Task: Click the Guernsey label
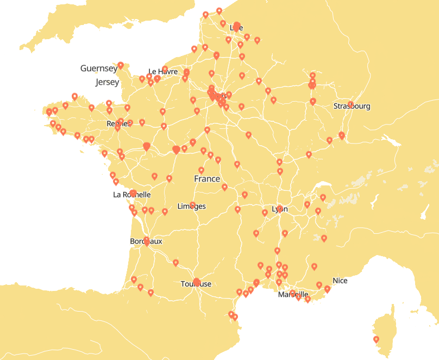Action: coord(98,69)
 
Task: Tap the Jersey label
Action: coord(106,83)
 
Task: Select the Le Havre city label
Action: coord(162,72)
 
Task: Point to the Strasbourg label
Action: coord(352,107)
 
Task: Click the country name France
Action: coord(207,179)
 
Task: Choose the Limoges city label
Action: coord(191,207)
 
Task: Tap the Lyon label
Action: coord(280,209)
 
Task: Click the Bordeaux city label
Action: coord(146,241)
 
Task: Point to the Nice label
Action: coord(340,281)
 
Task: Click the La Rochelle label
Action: coord(131,195)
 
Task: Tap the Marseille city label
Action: coord(293,295)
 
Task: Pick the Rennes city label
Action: coord(118,124)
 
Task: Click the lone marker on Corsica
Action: coord(376,340)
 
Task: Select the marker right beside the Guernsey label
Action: coord(121,65)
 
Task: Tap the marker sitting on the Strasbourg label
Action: coord(350,104)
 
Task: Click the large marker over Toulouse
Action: coord(197,282)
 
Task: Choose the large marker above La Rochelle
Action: coord(133,193)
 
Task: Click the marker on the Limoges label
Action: coord(192,204)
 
